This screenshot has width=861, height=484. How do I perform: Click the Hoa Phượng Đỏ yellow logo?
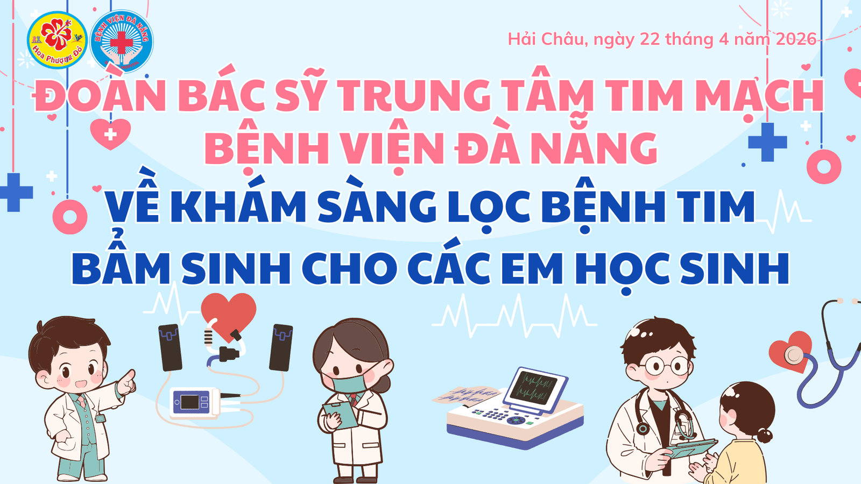[x=57, y=40]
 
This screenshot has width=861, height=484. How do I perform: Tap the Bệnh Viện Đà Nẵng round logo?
[x=122, y=41]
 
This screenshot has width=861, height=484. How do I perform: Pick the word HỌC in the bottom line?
[x=623, y=269]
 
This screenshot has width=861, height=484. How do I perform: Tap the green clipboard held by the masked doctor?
[x=340, y=415]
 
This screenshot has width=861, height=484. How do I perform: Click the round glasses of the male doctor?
[x=666, y=366]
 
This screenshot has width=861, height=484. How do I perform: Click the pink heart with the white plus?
[x=110, y=133]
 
